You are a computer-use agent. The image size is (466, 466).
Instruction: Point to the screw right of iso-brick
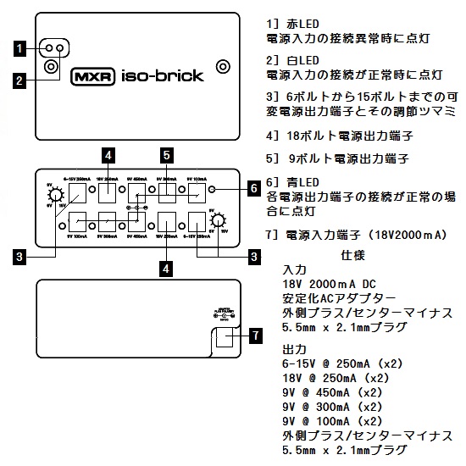[224, 66]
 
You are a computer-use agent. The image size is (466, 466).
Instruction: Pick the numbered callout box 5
[167, 154]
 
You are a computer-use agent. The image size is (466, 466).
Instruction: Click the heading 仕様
[352, 253]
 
